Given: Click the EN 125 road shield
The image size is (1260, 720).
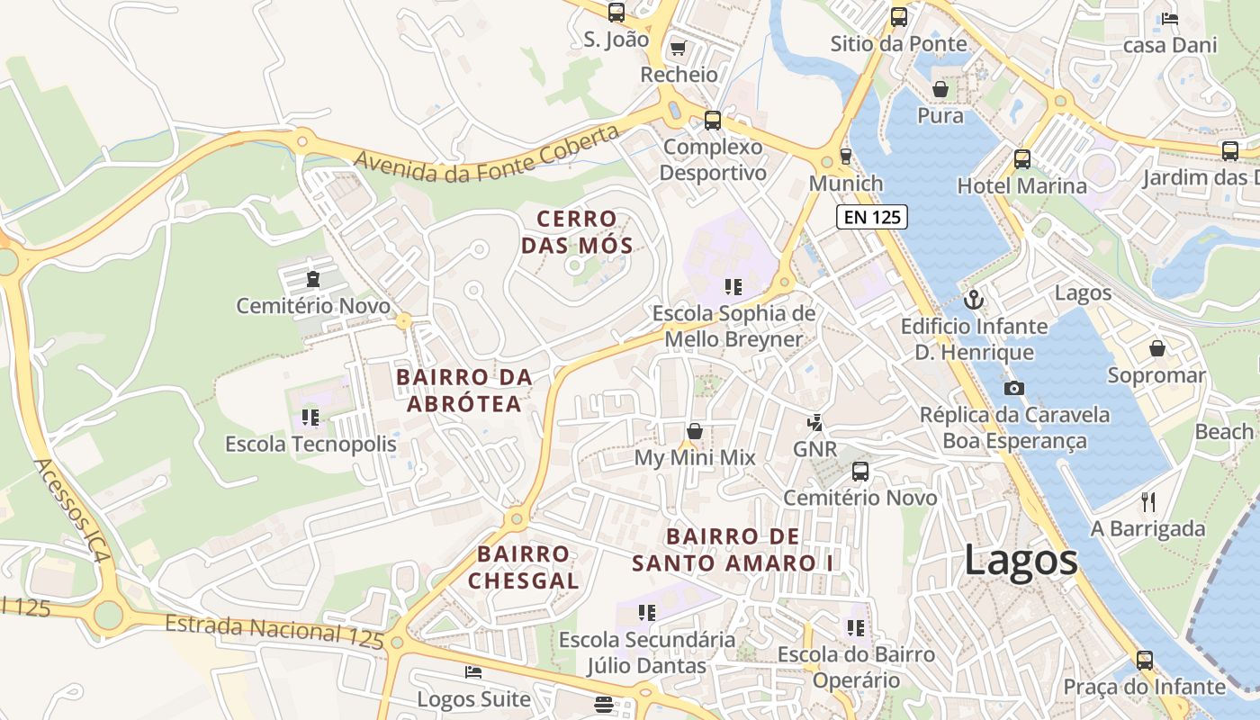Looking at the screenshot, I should pyautogui.click(x=872, y=216).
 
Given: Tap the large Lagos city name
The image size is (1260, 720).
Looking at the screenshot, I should pyautogui.click(x=1021, y=560).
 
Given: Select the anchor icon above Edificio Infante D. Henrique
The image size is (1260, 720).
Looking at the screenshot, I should pyautogui.click(x=973, y=299).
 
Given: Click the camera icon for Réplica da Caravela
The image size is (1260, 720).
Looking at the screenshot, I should pyautogui.click(x=1014, y=388).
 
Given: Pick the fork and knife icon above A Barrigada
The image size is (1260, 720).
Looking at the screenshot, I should pyautogui.click(x=1147, y=501).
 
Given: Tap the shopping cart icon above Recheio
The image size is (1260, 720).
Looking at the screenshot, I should pyautogui.click(x=679, y=47).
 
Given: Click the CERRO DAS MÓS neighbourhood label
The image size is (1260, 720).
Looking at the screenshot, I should pyautogui.click(x=577, y=231).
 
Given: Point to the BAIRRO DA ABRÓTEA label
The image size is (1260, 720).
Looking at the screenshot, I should pyautogui.click(x=464, y=391).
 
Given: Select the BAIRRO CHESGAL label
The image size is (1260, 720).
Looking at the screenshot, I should pyautogui.click(x=523, y=567).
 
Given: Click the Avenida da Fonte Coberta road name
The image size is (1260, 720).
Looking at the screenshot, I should pyautogui.click(x=487, y=154).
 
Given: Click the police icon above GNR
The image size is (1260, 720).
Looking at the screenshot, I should pyautogui.click(x=815, y=421).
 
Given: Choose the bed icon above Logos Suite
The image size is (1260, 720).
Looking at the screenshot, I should pyautogui.click(x=473, y=671).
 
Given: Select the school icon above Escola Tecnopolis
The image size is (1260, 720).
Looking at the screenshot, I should pyautogui.click(x=310, y=417).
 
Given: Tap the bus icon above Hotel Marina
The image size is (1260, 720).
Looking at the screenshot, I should pyautogui.click(x=1021, y=159).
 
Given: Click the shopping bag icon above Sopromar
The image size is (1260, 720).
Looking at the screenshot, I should pyautogui.click(x=1156, y=347).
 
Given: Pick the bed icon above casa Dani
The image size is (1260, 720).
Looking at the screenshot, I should pyautogui.click(x=1170, y=18).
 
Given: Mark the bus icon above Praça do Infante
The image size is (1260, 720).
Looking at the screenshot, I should pyautogui.click(x=1144, y=660).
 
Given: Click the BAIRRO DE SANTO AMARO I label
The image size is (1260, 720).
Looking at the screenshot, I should pyautogui.click(x=733, y=550).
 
